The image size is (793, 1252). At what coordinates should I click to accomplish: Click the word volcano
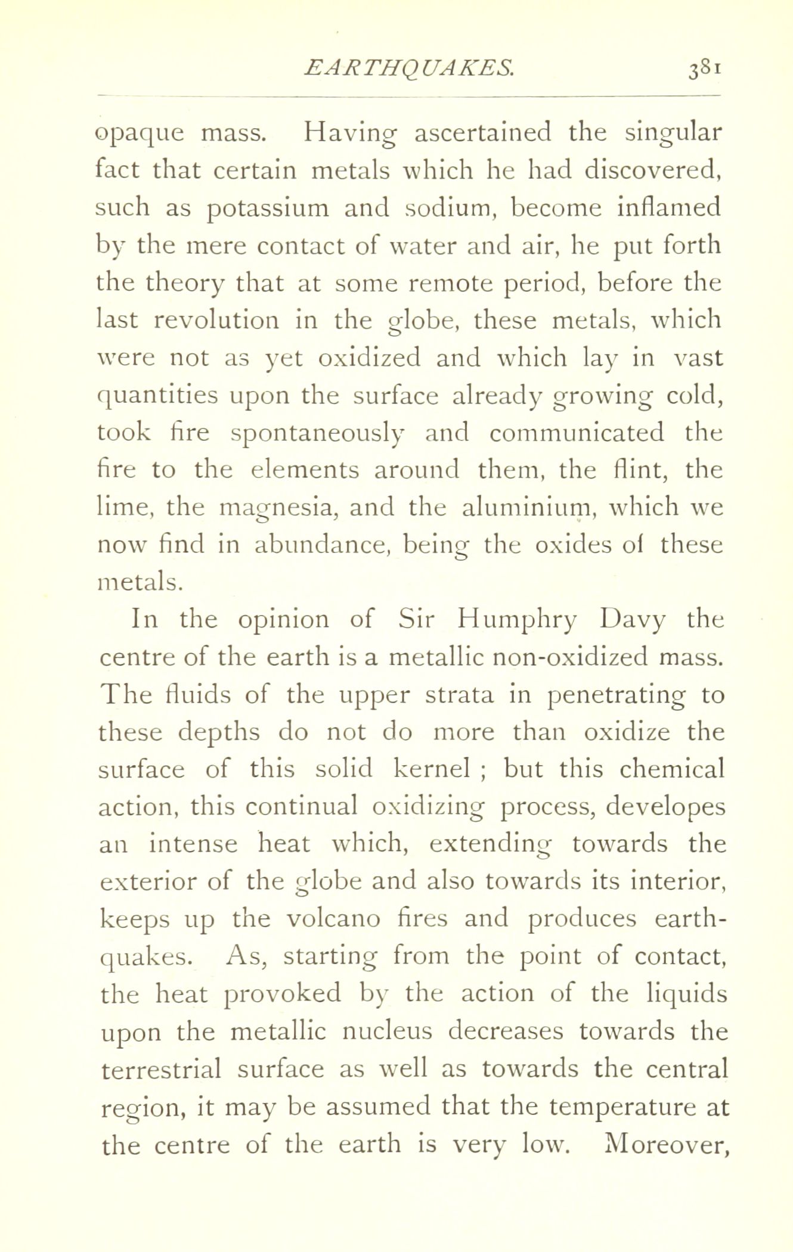pyautogui.click(x=333, y=918)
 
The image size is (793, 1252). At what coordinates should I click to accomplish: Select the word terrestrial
pyautogui.click(x=161, y=1068)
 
